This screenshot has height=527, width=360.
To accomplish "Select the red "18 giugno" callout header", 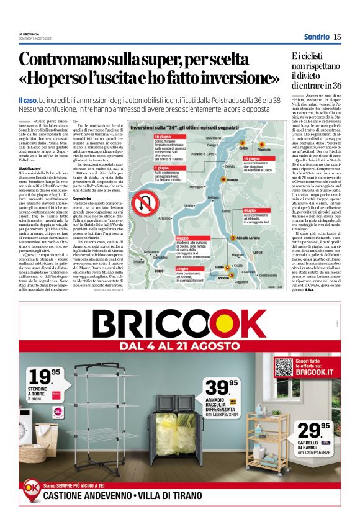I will point(163,137).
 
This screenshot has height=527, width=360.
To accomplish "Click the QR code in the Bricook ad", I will point(284,367).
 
